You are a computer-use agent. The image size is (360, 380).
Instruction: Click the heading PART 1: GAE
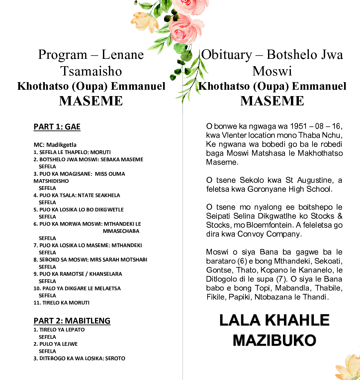(x=57, y=127)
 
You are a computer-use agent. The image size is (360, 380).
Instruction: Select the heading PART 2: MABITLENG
(x=72, y=320)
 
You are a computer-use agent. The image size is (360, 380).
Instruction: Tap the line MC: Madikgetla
(x=55, y=145)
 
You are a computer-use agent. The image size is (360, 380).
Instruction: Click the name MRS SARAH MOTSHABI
(x=119, y=260)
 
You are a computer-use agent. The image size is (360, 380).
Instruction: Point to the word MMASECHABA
(x=121, y=231)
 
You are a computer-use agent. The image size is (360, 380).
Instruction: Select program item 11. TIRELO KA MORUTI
(x=61, y=303)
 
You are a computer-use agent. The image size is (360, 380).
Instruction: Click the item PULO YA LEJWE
(x=58, y=344)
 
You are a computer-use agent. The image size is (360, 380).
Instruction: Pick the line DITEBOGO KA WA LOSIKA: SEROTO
(x=79, y=358)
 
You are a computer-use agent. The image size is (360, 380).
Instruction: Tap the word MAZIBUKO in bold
(x=274, y=340)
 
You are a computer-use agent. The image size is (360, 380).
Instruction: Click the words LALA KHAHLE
(x=274, y=320)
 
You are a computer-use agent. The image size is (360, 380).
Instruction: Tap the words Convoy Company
(x=269, y=234)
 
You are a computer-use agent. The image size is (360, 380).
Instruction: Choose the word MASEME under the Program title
(x=91, y=101)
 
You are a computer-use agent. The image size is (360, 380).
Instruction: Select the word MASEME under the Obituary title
(x=272, y=101)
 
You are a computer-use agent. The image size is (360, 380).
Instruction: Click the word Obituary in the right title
(x=227, y=55)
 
